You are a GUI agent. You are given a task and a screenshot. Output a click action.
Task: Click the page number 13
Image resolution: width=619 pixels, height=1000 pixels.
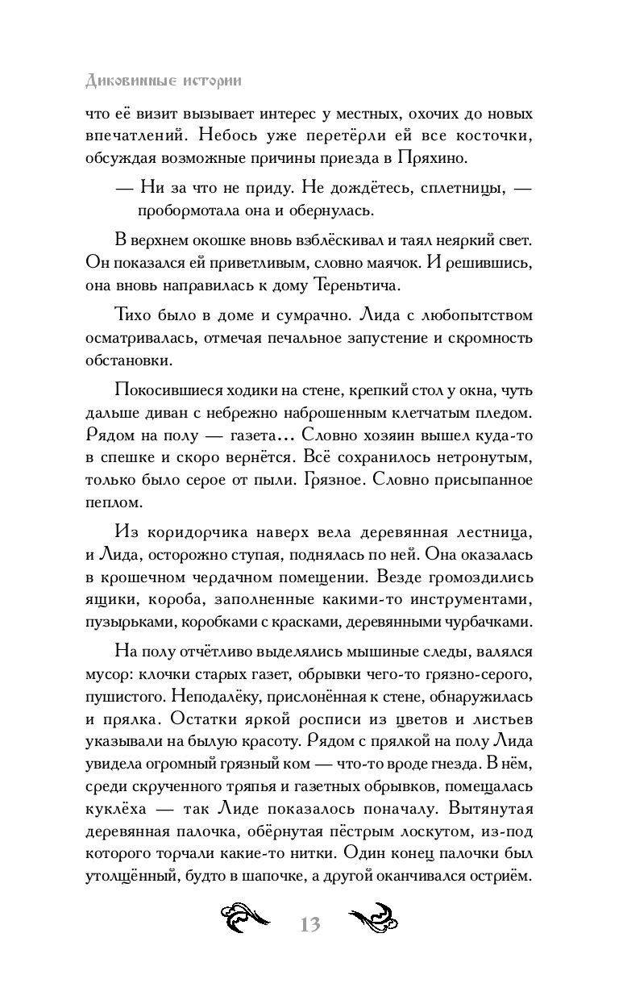pos(309,925)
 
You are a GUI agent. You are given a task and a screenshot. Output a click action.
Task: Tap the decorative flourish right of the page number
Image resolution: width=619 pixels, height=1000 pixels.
pos(375,921)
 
